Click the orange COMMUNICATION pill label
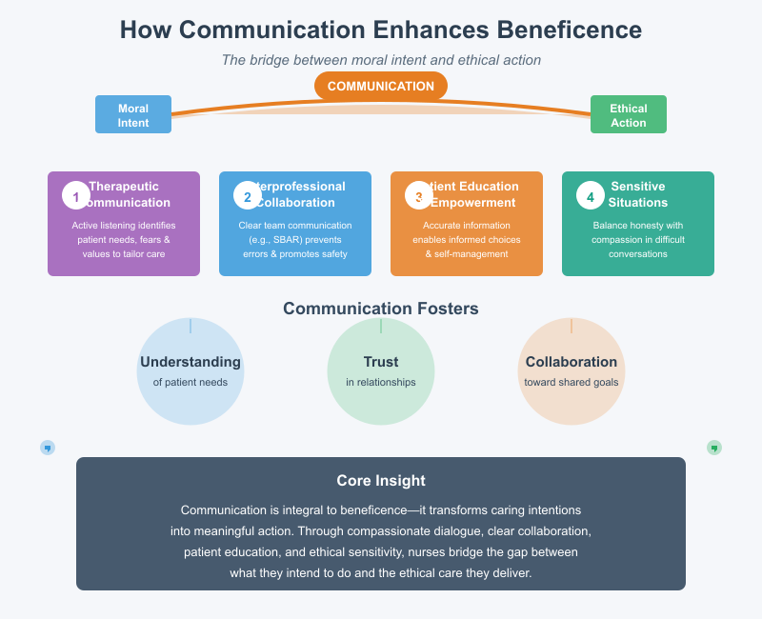point(381,86)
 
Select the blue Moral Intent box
point(133,114)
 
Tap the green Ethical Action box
point(629,114)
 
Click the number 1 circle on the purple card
point(76,196)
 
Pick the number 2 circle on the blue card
point(248,196)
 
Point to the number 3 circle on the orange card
point(419,196)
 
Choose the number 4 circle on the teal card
point(591,196)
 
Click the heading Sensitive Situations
point(638,194)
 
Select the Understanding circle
point(190,371)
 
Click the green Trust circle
point(381,371)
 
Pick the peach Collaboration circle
point(571,371)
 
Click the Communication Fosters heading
point(381,309)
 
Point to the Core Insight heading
point(381,480)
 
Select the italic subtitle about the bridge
point(381,60)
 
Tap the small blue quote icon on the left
point(48,447)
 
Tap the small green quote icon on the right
point(714,447)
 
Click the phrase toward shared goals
point(571,382)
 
